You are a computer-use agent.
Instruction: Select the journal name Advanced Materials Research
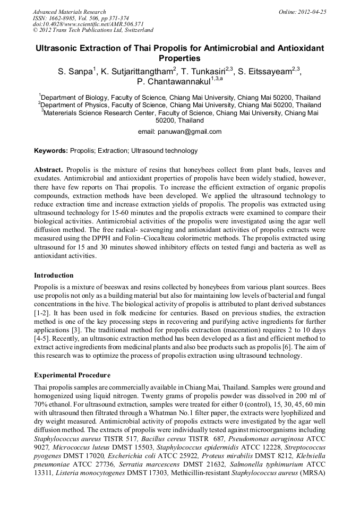click(x=69, y=12)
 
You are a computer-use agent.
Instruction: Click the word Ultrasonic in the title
click(x=57, y=48)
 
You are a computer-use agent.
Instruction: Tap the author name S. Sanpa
click(x=75, y=70)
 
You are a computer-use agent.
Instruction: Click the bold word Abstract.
click(x=49, y=169)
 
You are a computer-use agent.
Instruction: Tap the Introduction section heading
click(x=54, y=275)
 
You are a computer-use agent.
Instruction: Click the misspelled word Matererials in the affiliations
click(x=65, y=113)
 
